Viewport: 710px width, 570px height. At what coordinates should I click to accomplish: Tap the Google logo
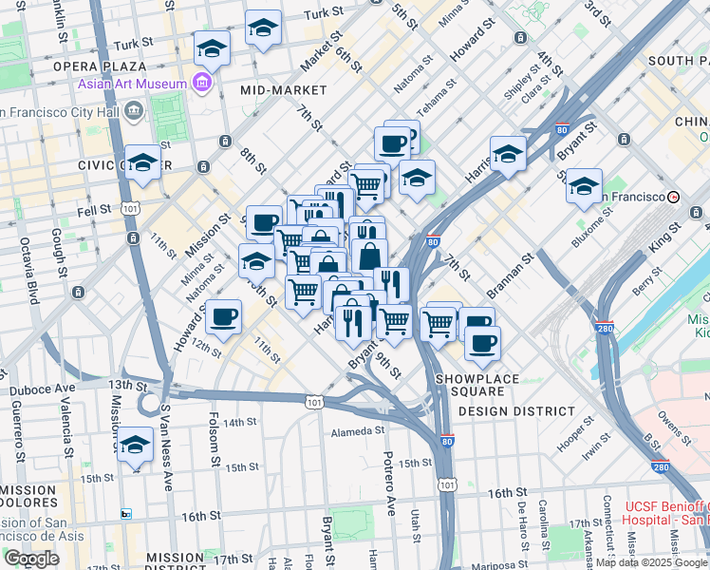pyautogui.click(x=30, y=559)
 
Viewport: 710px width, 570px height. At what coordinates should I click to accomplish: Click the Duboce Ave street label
pyautogui.click(x=42, y=389)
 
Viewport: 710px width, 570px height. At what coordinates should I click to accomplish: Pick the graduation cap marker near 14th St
pyautogui.click(x=135, y=445)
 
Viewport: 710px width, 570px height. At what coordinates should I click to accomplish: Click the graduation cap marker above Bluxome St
pyautogui.click(x=584, y=185)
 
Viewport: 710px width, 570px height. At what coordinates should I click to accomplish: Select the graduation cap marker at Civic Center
pyautogui.click(x=142, y=162)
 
